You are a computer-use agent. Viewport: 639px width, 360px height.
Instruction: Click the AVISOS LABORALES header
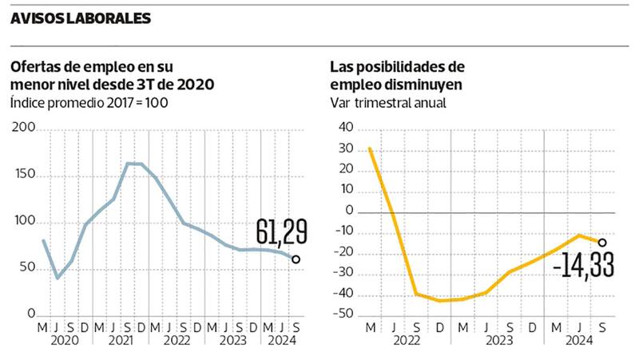(x=80, y=18)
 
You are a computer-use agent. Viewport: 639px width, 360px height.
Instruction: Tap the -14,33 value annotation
(x=583, y=264)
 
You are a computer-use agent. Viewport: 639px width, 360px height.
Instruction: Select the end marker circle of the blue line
(x=296, y=259)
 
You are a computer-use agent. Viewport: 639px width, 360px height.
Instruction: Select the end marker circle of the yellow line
(x=602, y=243)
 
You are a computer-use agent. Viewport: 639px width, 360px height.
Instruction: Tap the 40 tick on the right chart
(x=345, y=127)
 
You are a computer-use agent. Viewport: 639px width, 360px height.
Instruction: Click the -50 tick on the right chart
(x=343, y=315)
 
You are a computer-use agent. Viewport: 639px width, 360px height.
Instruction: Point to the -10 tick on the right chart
(x=343, y=231)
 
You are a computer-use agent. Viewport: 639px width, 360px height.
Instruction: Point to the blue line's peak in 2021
(x=134, y=164)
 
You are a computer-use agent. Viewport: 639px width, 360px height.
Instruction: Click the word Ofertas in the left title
(x=34, y=66)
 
